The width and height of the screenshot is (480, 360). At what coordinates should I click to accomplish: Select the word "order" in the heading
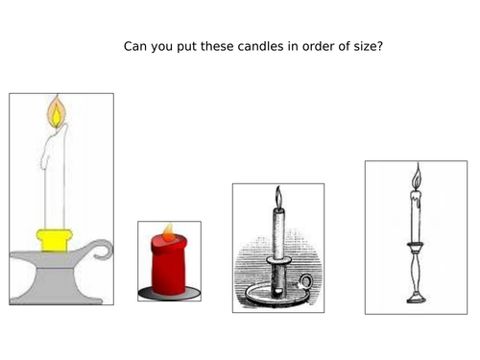click(x=318, y=45)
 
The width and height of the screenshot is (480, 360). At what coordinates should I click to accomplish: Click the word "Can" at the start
click(x=135, y=45)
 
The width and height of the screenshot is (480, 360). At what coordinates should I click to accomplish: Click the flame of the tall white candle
click(x=57, y=114)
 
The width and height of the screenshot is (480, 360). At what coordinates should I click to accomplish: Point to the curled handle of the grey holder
click(x=102, y=252)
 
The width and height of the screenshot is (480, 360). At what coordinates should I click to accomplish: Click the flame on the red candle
click(x=168, y=232)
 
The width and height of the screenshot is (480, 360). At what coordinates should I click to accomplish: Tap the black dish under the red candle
click(x=168, y=291)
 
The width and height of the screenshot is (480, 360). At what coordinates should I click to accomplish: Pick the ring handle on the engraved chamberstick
click(x=305, y=283)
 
